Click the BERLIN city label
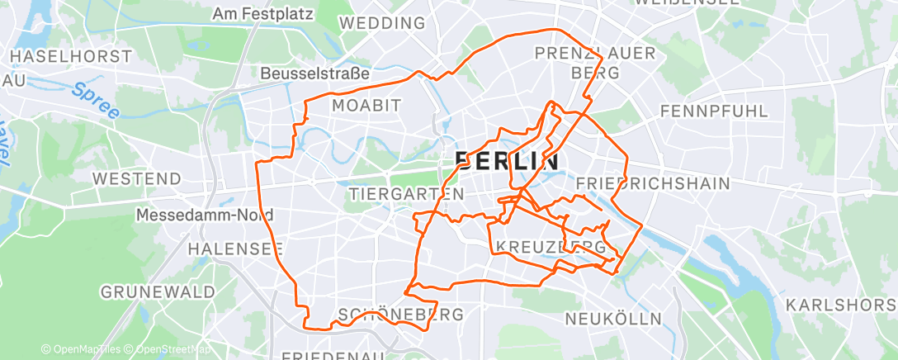coord(507,161)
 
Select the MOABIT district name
coord(366,105)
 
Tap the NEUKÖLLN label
coord(613,318)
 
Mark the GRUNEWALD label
coord(158,291)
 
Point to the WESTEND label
coord(136,178)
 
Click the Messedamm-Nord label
coord(204,215)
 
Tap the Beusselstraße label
coord(314,73)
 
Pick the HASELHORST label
coord(71,56)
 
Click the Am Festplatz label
coord(259,14)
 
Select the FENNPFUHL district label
coord(713,111)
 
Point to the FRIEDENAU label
coord(330,356)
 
